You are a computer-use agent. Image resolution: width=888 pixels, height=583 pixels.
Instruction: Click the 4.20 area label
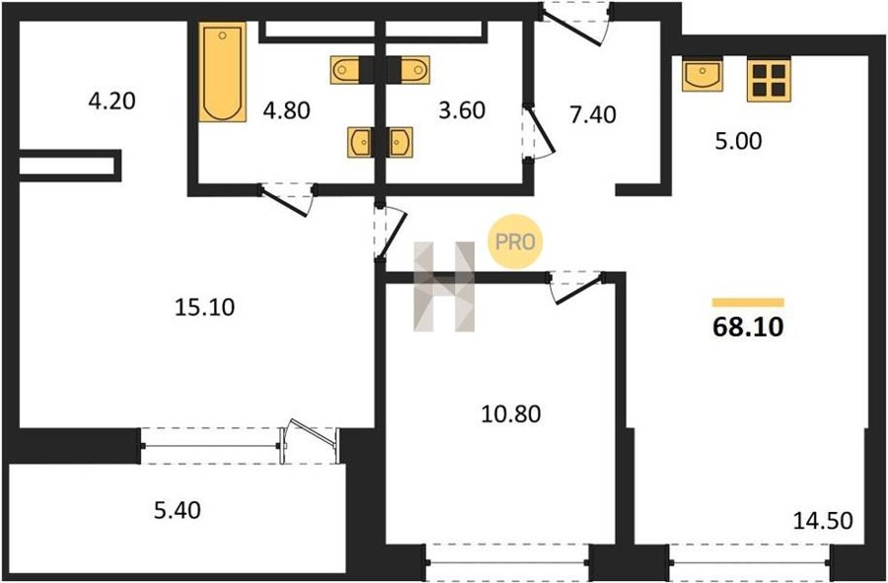coord(112,102)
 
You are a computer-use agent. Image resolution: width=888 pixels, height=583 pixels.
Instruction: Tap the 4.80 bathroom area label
coord(286,110)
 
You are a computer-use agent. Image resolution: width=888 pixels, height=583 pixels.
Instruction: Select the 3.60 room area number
coord(462,110)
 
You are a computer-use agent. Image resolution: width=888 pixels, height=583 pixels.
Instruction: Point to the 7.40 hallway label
coord(593,114)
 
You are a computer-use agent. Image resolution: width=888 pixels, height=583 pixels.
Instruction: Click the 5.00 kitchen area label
coord(738,141)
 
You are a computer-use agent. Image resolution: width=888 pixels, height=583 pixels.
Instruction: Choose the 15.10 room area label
coord(205,308)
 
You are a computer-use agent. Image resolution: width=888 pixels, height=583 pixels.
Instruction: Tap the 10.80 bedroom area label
coord(511,414)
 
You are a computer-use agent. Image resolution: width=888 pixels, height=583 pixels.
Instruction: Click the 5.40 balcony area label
coord(178,511)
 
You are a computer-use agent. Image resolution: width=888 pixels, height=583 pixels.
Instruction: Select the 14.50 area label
coord(823,521)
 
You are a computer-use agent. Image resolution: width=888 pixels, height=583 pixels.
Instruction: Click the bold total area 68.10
coord(748,328)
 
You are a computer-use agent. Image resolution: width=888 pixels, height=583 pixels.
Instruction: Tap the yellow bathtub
coord(223,72)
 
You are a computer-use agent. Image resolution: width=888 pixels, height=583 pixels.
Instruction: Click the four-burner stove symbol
coord(769,80)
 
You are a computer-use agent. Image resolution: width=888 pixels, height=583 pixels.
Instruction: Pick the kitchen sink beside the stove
coord(703,75)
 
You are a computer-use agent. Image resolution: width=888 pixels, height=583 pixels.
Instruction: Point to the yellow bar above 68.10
coord(748,302)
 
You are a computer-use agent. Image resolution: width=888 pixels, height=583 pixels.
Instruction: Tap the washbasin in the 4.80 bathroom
coord(359,142)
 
